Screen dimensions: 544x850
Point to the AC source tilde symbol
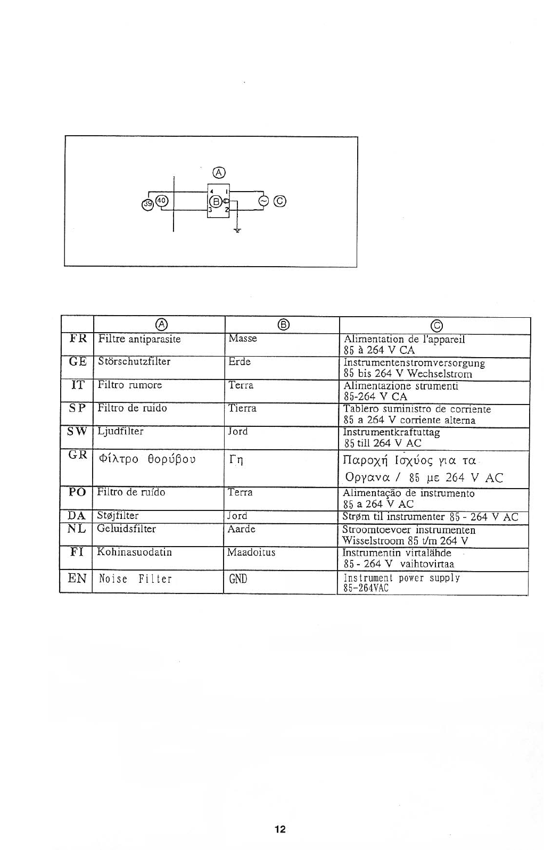click(x=262, y=201)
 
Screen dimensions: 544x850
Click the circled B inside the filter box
click(x=215, y=201)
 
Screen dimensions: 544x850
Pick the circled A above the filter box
click(x=218, y=171)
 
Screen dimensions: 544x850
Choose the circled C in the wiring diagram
click(x=281, y=201)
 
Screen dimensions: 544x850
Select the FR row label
click(x=78, y=339)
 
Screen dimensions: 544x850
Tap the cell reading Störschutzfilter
click(x=134, y=361)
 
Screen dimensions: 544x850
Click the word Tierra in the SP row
click(x=242, y=408)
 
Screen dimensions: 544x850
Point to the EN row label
click(x=77, y=578)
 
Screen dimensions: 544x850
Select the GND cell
click(x=238, y=579)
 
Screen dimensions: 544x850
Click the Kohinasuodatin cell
click(x=134, y=552)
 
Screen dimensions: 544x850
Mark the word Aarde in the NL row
click(x=241, y=529)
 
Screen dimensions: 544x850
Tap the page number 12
click(x=280, y=829)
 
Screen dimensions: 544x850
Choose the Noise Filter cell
click(x=136, y=579)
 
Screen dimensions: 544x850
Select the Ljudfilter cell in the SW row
click(x=121, y=431)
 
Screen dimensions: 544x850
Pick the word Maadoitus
click(x=251, y=552)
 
